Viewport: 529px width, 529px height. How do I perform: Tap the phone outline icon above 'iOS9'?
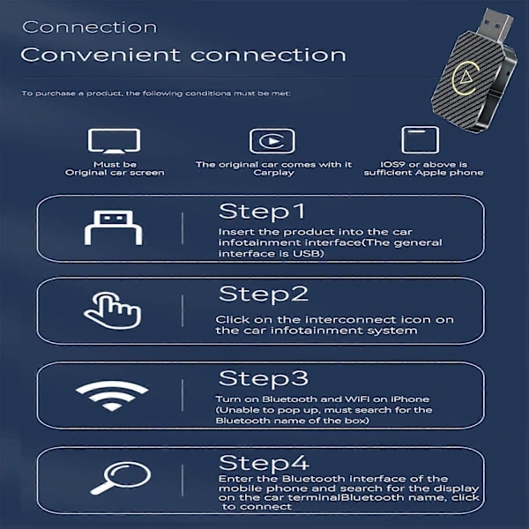(420, 140)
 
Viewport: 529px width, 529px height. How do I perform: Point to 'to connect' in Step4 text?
(251, 506)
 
